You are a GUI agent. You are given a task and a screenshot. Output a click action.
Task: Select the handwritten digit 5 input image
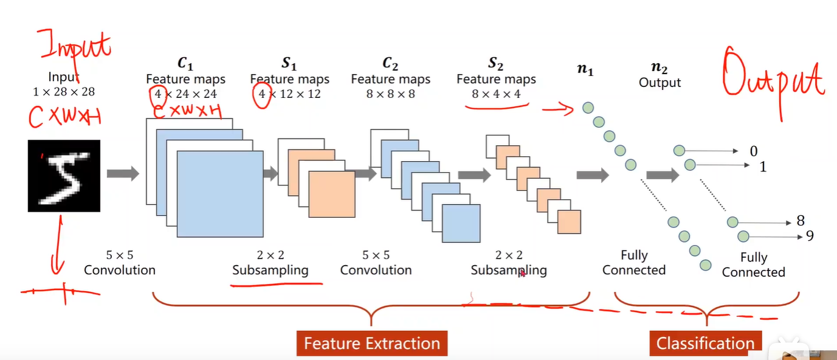tap(64, 176)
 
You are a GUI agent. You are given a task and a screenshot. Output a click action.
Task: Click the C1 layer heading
tap(185, 63)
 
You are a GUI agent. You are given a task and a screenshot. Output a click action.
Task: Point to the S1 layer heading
tap(289, 64)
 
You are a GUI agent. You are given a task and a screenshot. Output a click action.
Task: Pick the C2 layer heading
tap(390, 63)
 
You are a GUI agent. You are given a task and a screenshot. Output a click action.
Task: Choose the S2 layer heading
tap(496, 64)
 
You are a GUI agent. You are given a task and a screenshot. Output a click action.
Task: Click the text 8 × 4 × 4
tap(496, 94)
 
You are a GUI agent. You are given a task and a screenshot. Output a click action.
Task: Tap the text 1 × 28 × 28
tap(64, 92)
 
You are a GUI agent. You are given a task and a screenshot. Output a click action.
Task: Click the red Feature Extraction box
tap(372, 344)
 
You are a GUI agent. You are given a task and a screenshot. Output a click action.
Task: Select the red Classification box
tap(705, 344)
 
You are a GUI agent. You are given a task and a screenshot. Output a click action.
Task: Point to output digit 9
tap(810, 236)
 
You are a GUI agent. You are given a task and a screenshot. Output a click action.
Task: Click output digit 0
tap(754, 151)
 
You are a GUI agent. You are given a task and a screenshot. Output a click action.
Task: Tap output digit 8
tap(801, 221)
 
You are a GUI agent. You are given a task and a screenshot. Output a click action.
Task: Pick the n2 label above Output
tap(660, 67)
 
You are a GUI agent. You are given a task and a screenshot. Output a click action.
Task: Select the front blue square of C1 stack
tap(220, 193)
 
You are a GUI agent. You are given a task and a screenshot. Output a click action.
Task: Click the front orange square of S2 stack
tap(569, 222)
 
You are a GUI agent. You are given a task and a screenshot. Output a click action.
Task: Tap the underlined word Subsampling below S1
tap(270, 270)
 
